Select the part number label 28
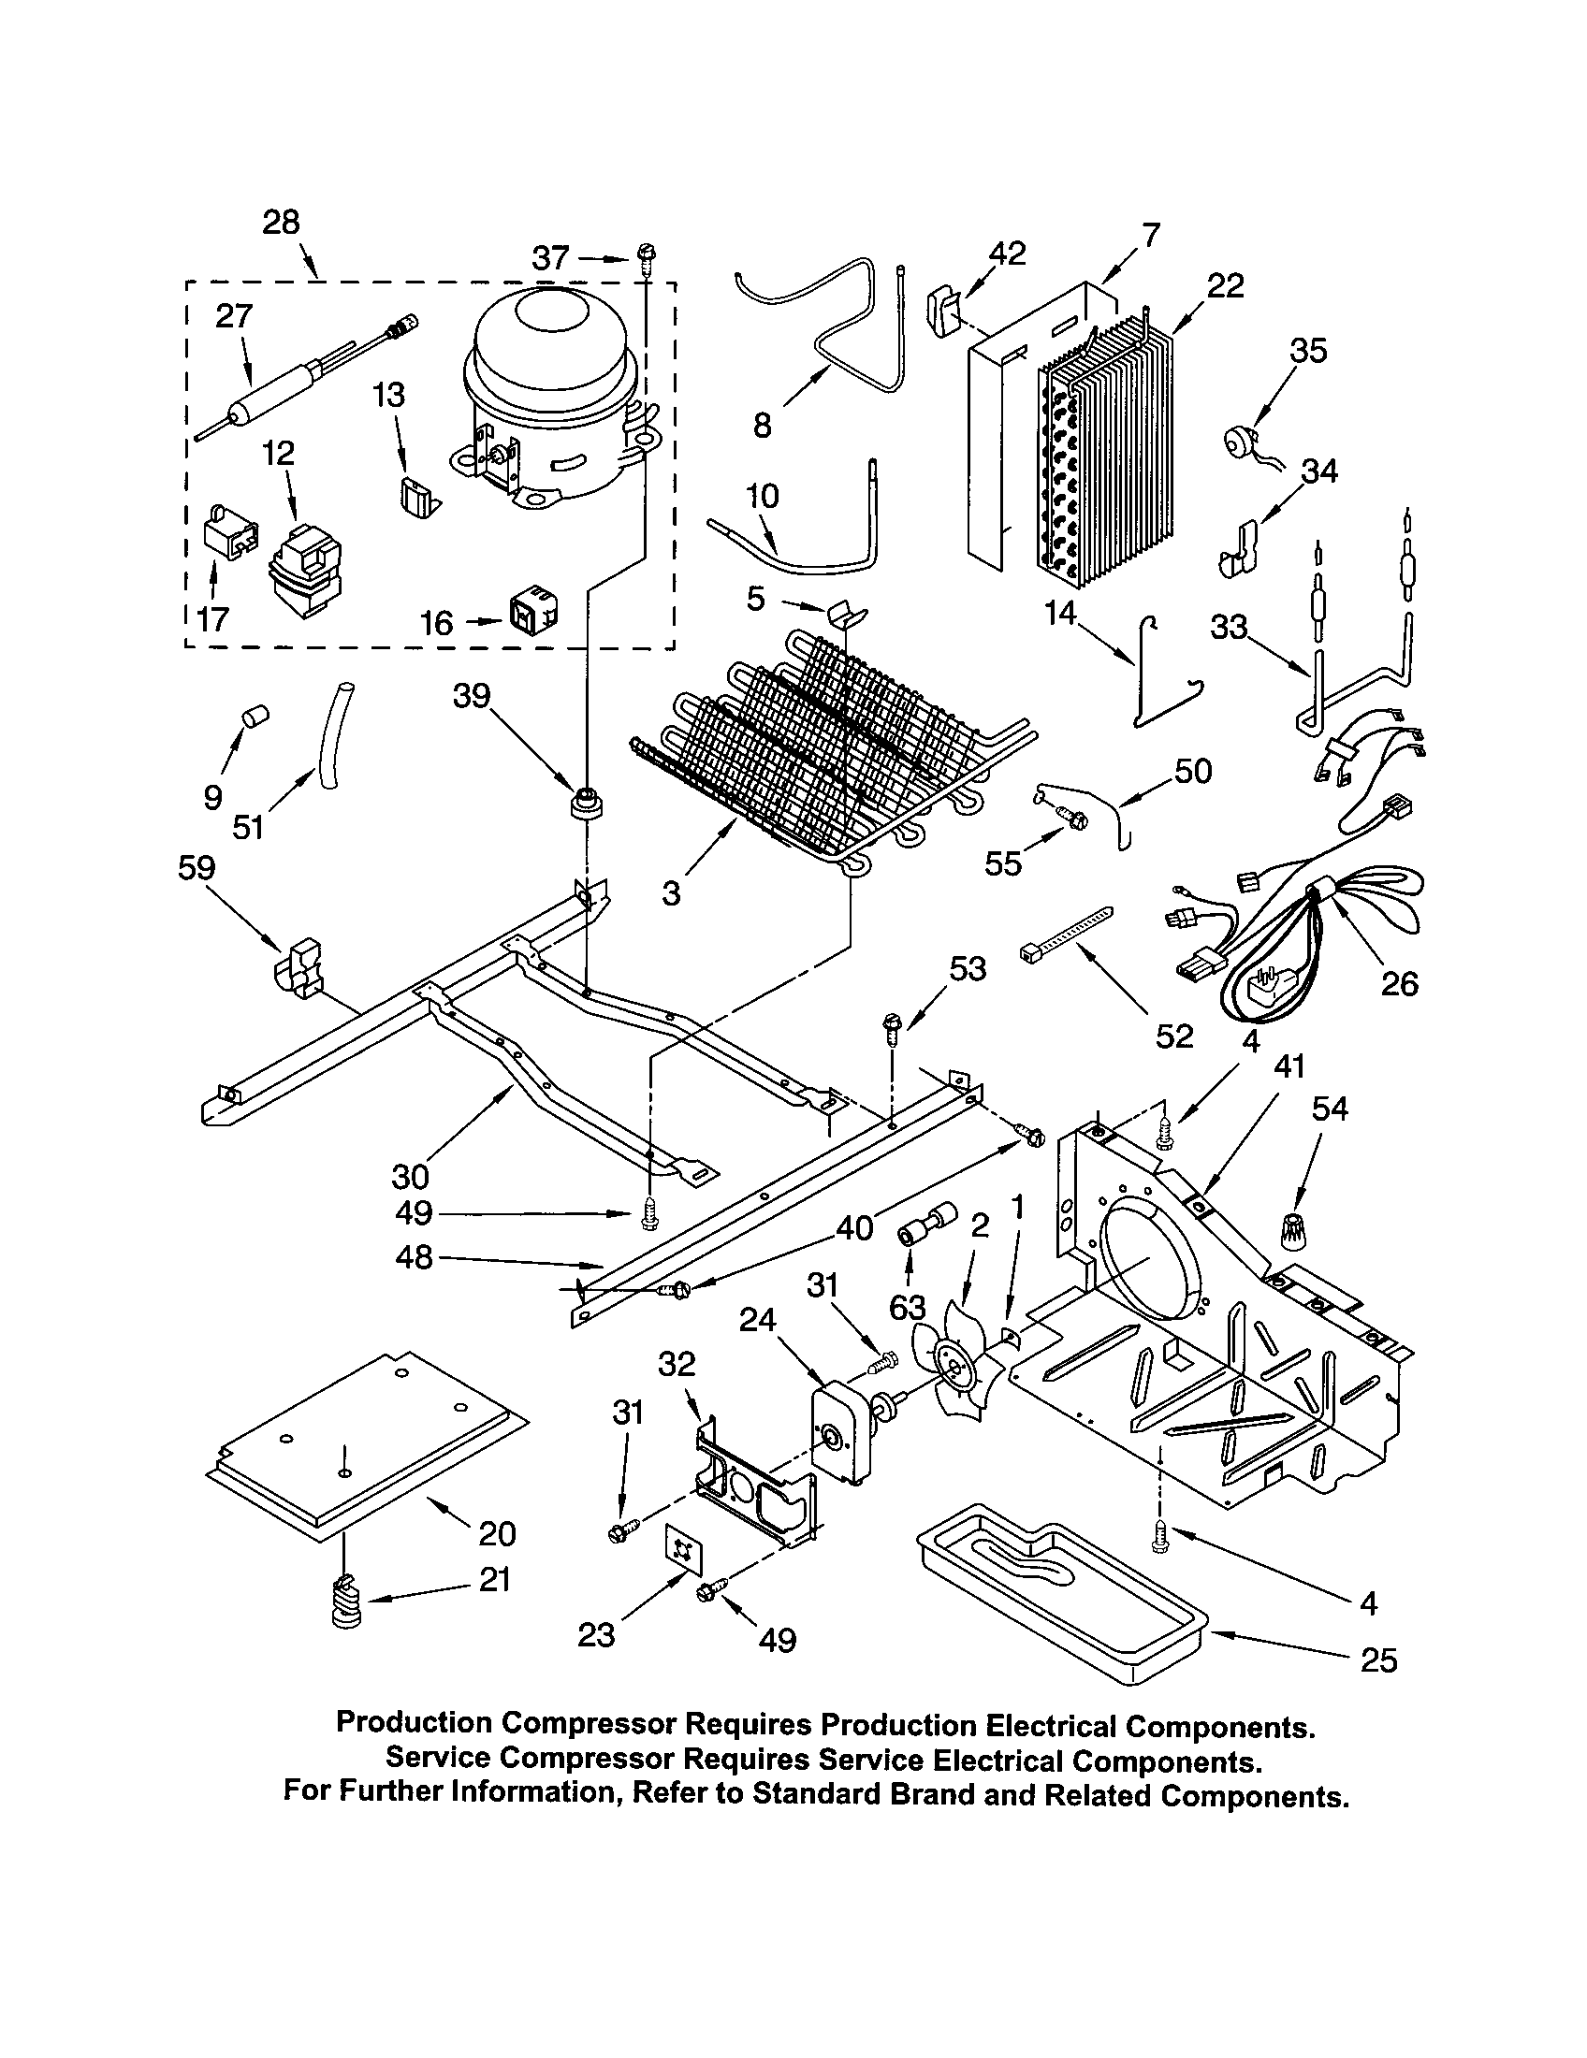[281, 223]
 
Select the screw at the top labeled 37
[648, 255]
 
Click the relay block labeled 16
[532, 613]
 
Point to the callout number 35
[1307, 351]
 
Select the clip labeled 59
[298, 965]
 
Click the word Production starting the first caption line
[414, 1723]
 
